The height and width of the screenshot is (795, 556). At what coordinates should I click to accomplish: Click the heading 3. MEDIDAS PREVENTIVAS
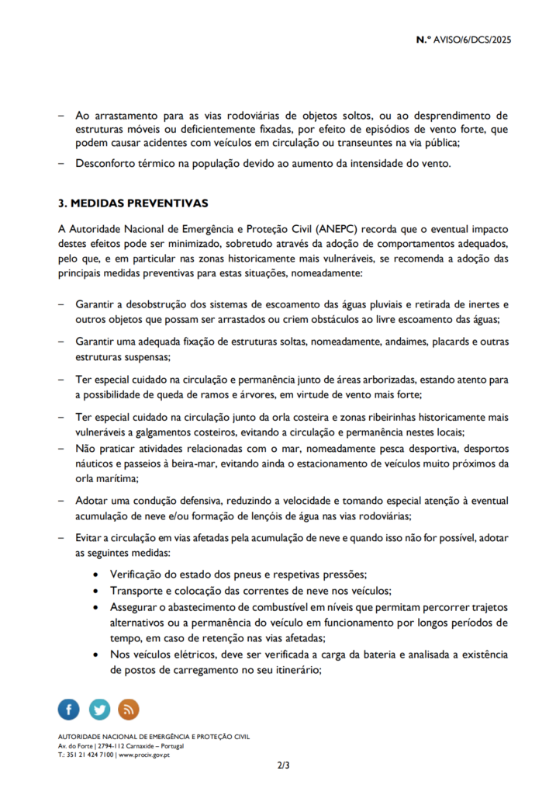point(133,203)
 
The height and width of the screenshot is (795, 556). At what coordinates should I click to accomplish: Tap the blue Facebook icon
point(68,709)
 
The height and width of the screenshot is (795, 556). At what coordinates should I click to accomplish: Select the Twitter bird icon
point(99,709)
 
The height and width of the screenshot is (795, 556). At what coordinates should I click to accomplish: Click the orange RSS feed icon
point(129,709)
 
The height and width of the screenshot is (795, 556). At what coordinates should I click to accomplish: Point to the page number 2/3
point(284,766)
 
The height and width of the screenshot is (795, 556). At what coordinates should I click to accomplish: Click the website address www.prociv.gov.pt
point(143,755)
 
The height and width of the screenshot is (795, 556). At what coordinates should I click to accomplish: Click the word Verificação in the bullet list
point(140,575)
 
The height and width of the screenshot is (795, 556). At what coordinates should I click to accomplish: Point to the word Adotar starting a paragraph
point(92,502)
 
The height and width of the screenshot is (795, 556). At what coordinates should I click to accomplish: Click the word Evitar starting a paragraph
point(89,539)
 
